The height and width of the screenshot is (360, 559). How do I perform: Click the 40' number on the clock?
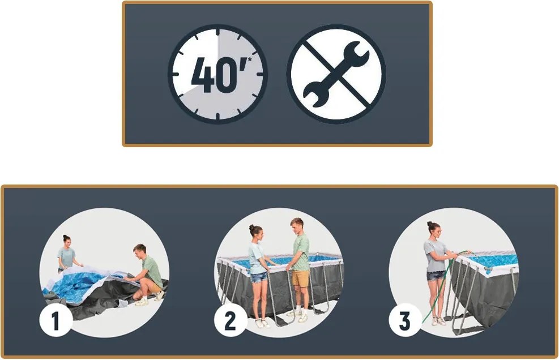pos(218,74)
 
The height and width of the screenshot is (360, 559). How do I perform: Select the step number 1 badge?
pos(56,320)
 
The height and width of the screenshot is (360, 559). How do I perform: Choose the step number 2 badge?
pos(231,320)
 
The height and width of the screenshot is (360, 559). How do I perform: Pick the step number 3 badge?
pos(405,320)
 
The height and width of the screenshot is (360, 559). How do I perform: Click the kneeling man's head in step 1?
pos(139,251)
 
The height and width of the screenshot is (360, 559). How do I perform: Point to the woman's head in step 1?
pos(67,241)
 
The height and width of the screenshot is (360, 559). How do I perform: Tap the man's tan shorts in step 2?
pos(301,278)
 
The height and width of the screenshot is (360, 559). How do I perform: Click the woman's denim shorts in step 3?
pos(436,275)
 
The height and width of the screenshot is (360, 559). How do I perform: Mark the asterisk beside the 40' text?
pos(249,59)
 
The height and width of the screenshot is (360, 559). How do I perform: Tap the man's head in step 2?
pos(297,225)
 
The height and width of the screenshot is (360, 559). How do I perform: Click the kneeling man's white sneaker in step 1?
pos(142,302)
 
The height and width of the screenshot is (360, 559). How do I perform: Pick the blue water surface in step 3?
pos(495,260)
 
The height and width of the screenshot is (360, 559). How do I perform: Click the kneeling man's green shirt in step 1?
pos(152,272)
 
